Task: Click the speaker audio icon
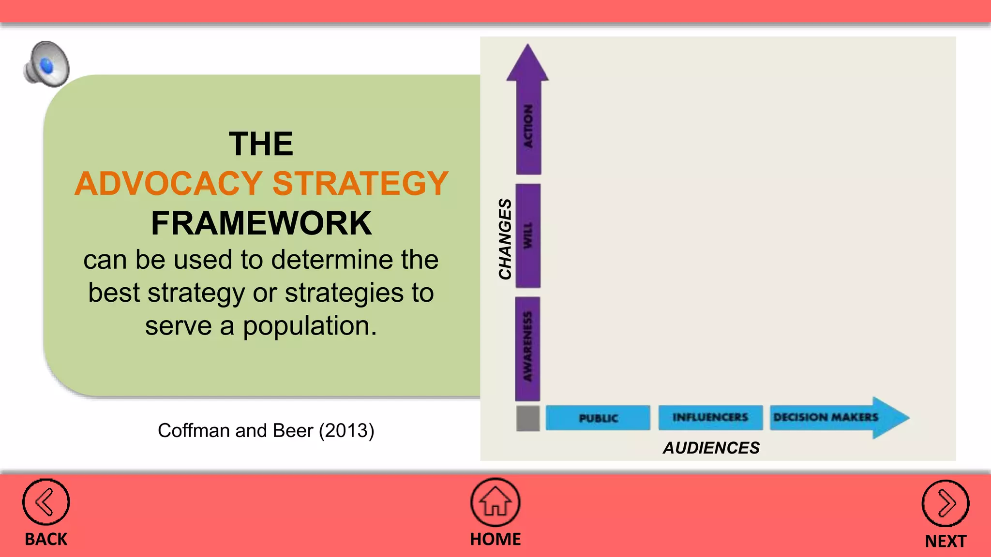[x=47, y=64]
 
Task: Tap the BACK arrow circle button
[x=46, y=502]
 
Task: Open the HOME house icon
[x=495, y=502]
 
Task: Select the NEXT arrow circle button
[x=945, y=503]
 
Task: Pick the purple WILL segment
[x=528, y=235]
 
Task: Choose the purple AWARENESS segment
[x=527, y=348]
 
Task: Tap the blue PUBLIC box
[x=598, y=418]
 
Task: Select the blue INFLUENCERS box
[x=710, y=417]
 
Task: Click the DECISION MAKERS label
[x=826, y=417]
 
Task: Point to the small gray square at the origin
[x=528, y=418]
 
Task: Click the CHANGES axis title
[x=505, y=238]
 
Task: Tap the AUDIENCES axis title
[x=711, y=448]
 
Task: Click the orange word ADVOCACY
[x=168, y=184]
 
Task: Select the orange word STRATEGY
[x=360, y=184]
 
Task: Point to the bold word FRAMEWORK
[x=261, y=223]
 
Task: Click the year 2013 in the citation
[x=346, y=430]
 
